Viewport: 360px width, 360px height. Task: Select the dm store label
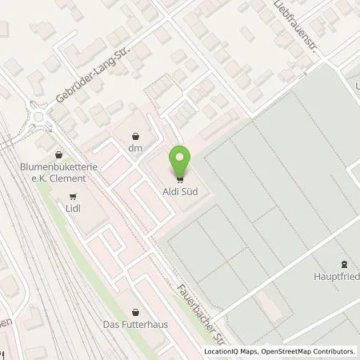coord(134,147)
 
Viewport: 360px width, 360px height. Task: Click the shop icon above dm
coord(134,134)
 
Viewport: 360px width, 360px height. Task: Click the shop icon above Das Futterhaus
coord(134,311)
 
